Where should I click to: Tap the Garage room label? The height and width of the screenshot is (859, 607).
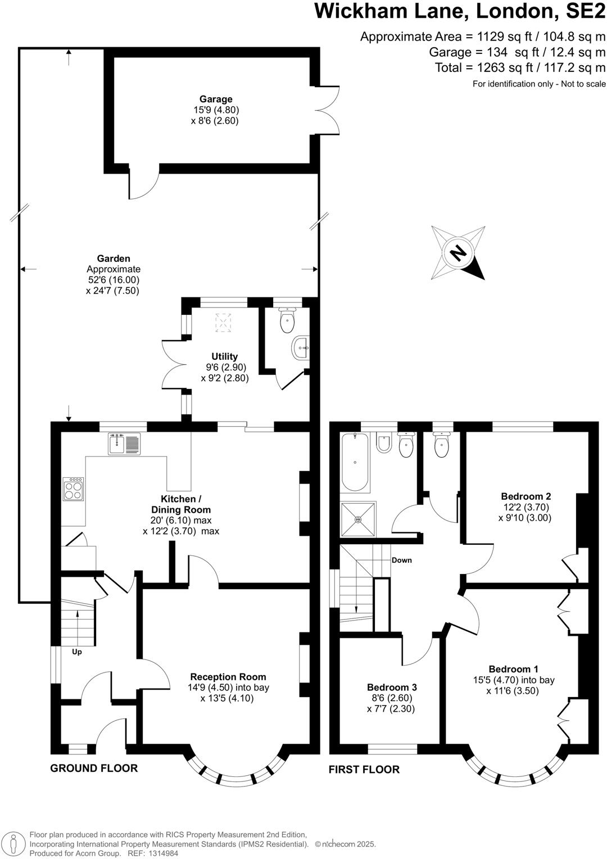[x=215, y=100]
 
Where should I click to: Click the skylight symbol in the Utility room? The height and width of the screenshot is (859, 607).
[x=224, y=322]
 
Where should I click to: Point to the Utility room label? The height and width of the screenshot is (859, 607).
[x=224, y=356]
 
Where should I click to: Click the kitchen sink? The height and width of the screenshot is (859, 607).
[x=124, y=444]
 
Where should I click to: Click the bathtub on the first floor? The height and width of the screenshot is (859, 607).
[x=355, y=463]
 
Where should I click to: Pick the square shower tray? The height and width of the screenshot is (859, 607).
[x=357, y=519]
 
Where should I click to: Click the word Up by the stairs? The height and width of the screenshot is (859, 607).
[x=78, y=652]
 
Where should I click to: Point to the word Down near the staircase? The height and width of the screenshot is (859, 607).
[x=402, y=560]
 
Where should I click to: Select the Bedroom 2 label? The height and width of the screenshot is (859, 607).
[x=526, y=496]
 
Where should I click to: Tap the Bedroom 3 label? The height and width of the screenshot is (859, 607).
[x=392, y=687]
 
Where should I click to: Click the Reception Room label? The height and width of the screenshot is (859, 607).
[x=228, y=677]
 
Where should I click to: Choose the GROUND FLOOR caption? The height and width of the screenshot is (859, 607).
[x=94, y=768]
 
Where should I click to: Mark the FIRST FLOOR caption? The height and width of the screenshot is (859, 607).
[x=364, y=769]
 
